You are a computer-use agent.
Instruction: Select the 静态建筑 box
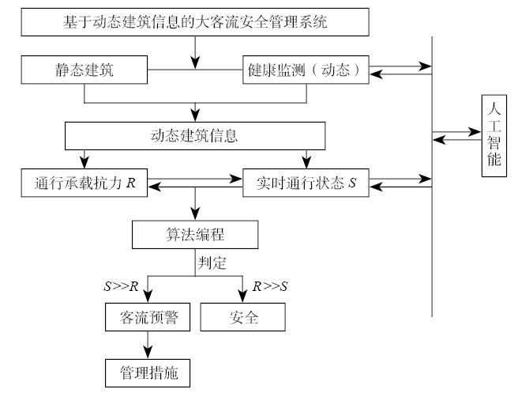click(84, 70)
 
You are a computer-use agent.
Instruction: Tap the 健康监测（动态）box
click(305, 70)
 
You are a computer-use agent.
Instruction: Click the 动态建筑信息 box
click(194, 135)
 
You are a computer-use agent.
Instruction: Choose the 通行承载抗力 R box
click(84, 183)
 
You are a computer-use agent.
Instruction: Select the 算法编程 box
click(194, 235)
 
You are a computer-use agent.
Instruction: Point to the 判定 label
click(213, 259)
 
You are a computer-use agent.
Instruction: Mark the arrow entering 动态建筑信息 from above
click(194, 111)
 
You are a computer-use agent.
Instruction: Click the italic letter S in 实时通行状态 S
click(354, 183)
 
